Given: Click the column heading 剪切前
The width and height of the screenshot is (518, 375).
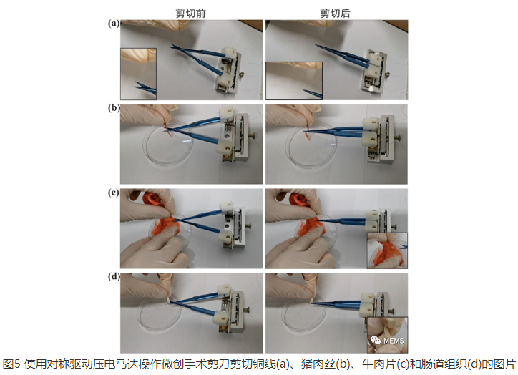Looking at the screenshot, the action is click(x=190, y=13).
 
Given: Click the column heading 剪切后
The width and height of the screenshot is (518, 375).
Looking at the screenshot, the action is click(x=335, y=13).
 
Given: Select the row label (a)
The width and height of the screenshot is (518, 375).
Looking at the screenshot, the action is click(x=114, y=24).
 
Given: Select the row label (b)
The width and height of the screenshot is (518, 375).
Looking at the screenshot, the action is click(x=114, y=108).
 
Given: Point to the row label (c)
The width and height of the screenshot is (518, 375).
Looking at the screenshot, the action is click(x=114, y=193).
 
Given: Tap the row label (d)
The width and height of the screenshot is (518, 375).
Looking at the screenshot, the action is click(x=114, y=276).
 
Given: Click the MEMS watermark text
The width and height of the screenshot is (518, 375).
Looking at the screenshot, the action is click(x=394, y=341).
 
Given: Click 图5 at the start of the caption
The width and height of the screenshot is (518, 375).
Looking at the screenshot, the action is click(x=11, y=364).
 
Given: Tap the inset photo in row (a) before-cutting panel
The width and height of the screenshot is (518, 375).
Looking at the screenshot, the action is click(x=138, y=74).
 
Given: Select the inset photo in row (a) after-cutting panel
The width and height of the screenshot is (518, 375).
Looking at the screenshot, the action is click(x=294, y=80).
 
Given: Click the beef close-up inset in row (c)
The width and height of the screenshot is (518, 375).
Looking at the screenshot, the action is click(x=387, y=250).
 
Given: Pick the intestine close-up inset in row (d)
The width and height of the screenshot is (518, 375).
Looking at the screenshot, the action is click(x=387, y=335).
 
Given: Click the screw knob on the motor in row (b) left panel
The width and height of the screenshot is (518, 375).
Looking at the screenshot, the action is click(x=253, y=135).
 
